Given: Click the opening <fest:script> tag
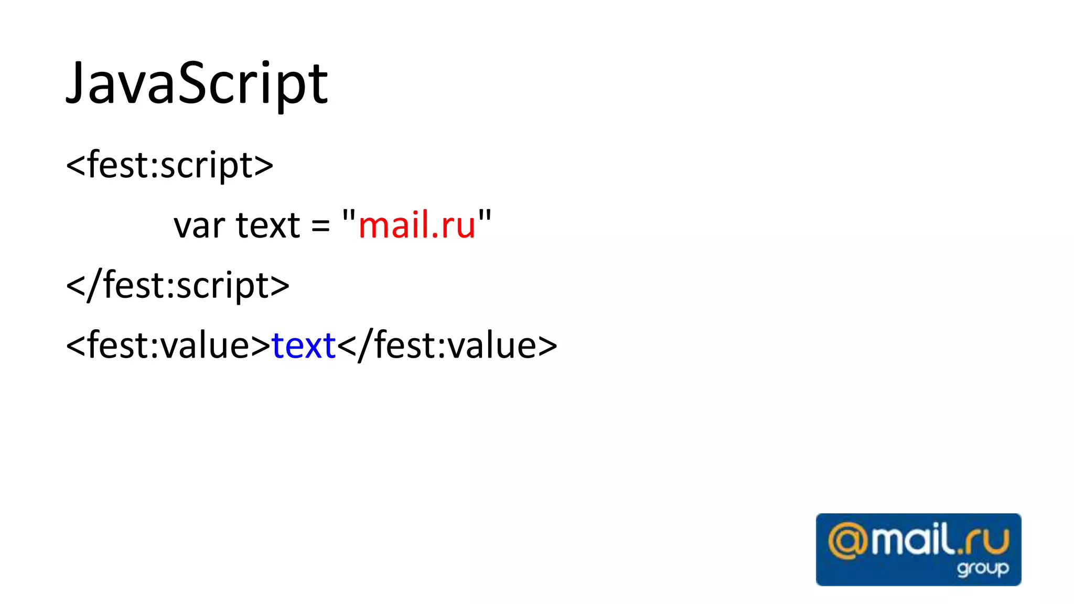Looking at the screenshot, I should click(169, 165).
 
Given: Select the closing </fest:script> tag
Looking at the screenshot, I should click(178, 286).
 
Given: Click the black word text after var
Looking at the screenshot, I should click(268, 225).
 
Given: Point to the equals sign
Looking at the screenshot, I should click(320, 226).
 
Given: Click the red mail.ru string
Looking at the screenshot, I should click(417, 225).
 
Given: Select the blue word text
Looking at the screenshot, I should click(304, 346).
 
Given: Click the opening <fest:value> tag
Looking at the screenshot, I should click(168, 346).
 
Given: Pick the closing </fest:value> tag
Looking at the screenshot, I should click(447, 346).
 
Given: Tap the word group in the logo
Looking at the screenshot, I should click(982, 568).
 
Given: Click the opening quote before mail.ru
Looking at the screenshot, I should click(349, 215).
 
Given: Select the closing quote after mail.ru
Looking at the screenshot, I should click(485, 215).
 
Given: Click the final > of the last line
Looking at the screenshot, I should click(547, 347).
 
